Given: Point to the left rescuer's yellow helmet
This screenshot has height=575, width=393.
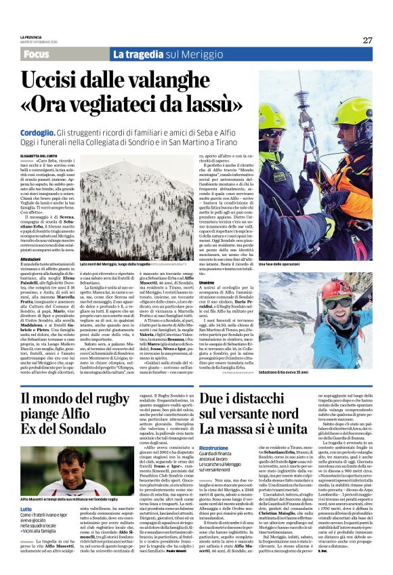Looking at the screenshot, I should (x=272, y=116).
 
